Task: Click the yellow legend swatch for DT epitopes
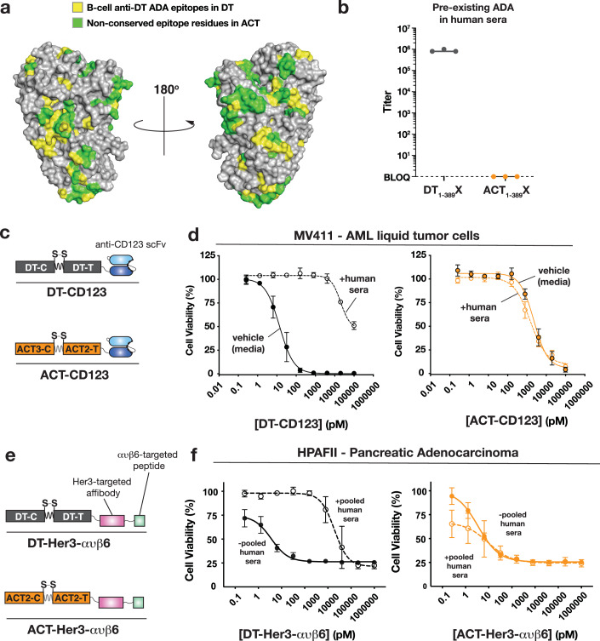tap(77, 8)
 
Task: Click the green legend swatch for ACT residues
tap(77, 23)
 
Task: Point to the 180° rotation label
tap(166, 89)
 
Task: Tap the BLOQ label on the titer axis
tap(397, 177)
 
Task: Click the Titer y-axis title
tap(387, 102)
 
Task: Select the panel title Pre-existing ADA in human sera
tap(473, 14)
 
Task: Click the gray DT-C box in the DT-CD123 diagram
tap(36, 267)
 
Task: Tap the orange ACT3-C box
tap(34, 349)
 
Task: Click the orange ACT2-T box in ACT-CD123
tap(83, 349)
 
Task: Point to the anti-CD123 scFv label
tap(130, 244)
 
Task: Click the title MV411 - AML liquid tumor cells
tap(386, 236)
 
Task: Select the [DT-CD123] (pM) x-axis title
tap(300, 424)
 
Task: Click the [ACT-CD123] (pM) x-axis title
tap(517, 421)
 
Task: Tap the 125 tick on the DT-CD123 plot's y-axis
tap(207, 255)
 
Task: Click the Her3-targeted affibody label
tap(102, 487)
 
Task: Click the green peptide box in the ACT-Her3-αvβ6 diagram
tap(138, 602)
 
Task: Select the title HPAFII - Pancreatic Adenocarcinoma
tap(408, 453)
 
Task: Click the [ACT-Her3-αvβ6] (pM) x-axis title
tap(515, 634)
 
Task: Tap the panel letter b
tap(344, 8)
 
